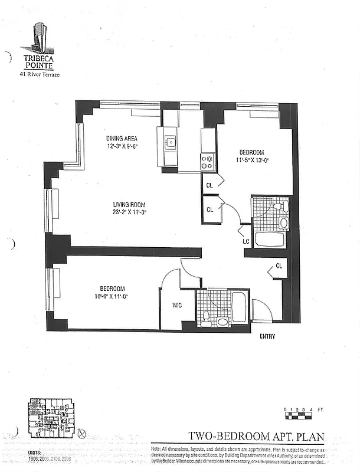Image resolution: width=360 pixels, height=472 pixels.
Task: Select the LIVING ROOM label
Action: [x=130, y=205]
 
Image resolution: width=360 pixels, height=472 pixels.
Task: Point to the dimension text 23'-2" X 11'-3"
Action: [x=130, y=212]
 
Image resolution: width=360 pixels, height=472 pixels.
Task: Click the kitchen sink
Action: [x=170, y=142]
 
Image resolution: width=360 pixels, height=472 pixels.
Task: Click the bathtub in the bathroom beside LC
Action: [x=270, y=240]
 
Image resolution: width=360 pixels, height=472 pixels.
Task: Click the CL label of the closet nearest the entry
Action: [x=279, y=266]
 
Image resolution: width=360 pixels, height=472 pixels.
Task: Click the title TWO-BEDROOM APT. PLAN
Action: [x=256, y=437]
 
